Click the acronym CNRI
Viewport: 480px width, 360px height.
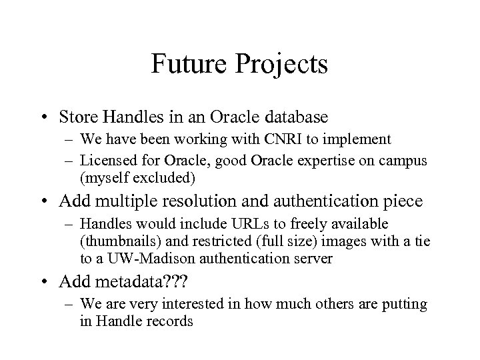point(266,140)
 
